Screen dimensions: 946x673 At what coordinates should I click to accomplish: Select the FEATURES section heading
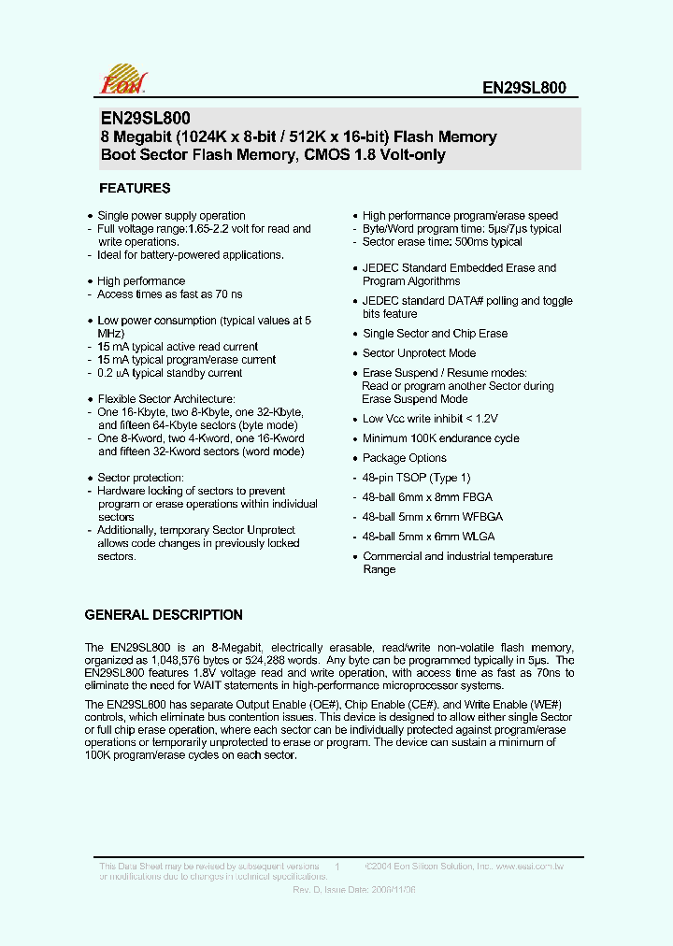point(135,188)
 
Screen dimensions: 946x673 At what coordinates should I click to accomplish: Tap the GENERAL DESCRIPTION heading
point(164,615)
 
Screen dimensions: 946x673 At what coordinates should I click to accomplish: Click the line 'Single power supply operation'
point(171,216)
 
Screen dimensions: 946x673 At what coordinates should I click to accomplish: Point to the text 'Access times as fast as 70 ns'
point(170,294)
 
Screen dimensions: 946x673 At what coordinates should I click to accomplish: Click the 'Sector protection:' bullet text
point(139,478)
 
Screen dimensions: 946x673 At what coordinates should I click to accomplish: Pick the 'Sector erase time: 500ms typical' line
point(442,242)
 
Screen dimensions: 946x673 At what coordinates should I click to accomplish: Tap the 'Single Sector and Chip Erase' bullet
point(435,334)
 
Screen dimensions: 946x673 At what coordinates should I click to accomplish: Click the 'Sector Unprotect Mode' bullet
point(419,353)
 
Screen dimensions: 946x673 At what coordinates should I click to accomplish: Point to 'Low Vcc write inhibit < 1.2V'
point(430,419)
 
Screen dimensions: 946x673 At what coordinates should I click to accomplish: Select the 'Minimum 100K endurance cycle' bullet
point(440,438)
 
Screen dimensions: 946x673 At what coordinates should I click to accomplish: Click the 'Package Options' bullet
point(404,458)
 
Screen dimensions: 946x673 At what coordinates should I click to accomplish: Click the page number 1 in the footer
point(336,868)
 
